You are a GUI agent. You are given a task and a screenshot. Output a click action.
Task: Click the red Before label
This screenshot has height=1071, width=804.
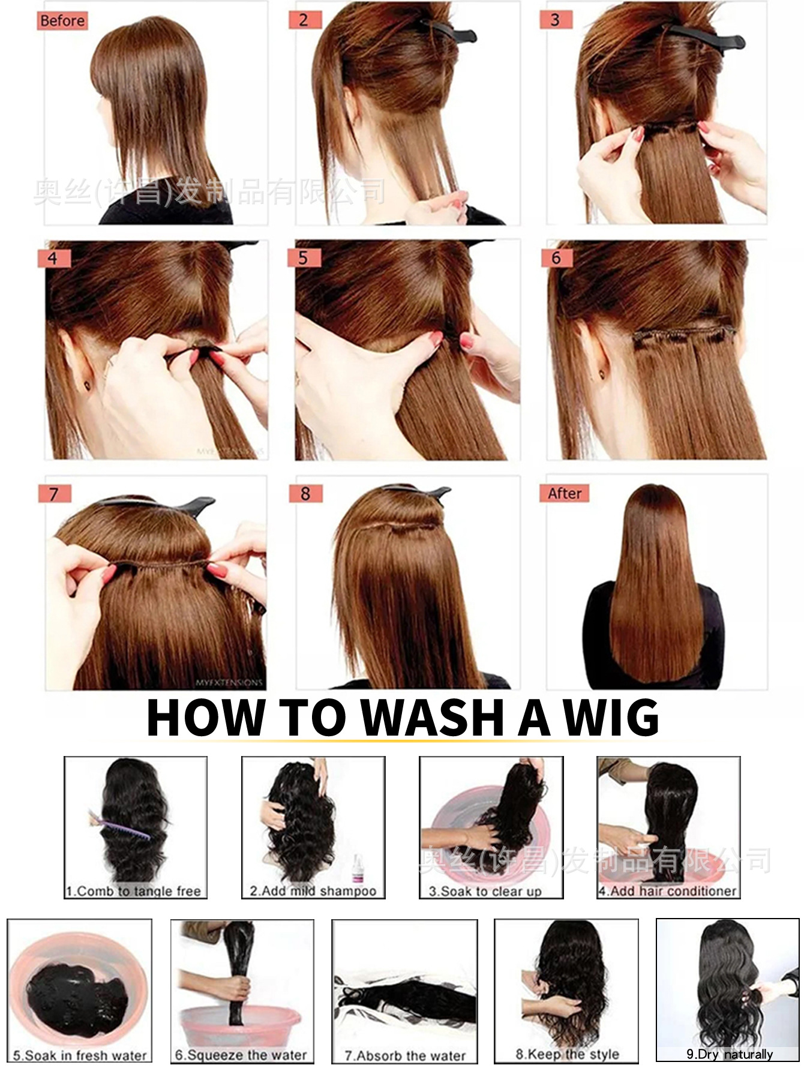point(62,21)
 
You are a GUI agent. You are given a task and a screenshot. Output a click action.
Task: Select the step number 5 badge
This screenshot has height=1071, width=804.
point(304,258)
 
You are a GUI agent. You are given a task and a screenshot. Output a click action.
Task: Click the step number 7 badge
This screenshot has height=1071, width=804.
point(54,494)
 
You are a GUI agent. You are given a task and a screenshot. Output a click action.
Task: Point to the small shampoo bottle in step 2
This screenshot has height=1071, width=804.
point(358,869)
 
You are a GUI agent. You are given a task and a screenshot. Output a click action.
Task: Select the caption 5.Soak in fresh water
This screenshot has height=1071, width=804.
point(79,1055)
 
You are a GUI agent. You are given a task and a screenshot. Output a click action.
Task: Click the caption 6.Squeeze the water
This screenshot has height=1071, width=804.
point(241,1055)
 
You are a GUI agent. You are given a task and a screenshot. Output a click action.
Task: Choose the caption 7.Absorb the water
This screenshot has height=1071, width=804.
point(404,1055)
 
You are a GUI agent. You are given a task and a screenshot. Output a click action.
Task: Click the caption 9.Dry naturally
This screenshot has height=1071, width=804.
point(729,1054)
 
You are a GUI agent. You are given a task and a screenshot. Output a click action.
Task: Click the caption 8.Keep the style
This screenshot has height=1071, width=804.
point(567,1054)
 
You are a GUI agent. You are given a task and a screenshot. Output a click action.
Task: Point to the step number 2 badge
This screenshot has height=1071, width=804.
point(304,20)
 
